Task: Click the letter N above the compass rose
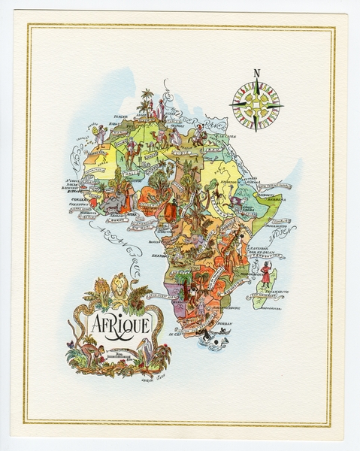pos(256,74)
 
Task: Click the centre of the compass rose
pos(256,104)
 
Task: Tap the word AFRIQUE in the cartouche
pos(121,325)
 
